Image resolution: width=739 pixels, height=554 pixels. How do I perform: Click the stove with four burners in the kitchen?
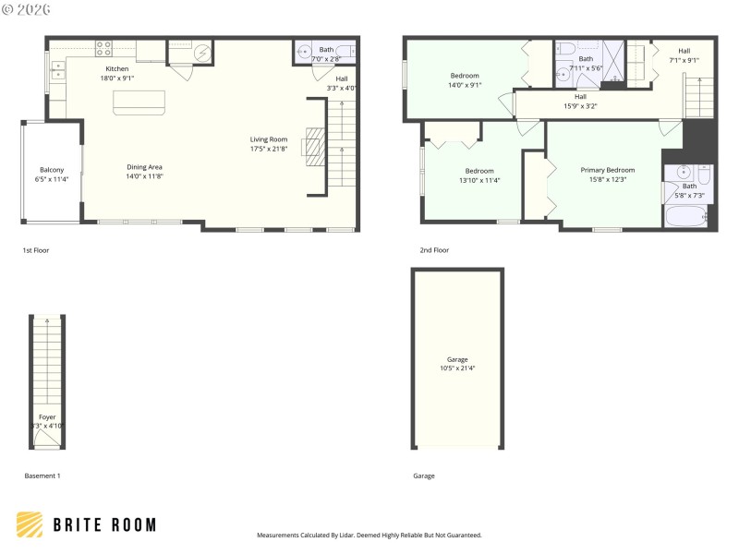click(x=104, y=48)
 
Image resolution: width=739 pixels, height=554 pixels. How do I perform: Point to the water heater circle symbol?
click(x=202, y=53)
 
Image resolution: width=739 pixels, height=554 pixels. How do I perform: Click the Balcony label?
click(x=52, y=170)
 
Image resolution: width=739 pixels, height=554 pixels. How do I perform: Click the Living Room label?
click(x=269, y=139)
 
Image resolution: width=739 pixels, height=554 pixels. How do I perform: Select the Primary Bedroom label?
click(x=607, y=170)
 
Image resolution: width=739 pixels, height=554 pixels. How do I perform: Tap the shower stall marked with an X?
click(x=612, y=62)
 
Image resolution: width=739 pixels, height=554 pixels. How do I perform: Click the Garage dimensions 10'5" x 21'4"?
click(x=457, y=368)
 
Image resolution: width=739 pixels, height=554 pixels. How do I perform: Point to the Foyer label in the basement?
click(x=47, y=417)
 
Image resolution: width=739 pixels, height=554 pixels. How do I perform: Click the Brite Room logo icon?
click(x=30, y=525)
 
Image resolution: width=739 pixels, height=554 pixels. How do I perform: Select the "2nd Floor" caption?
click(x=434, y=250)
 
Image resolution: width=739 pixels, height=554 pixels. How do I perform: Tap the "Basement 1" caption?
click(x=42, y=476)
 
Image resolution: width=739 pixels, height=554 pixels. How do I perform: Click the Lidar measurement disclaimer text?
click(x=369, y=535)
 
